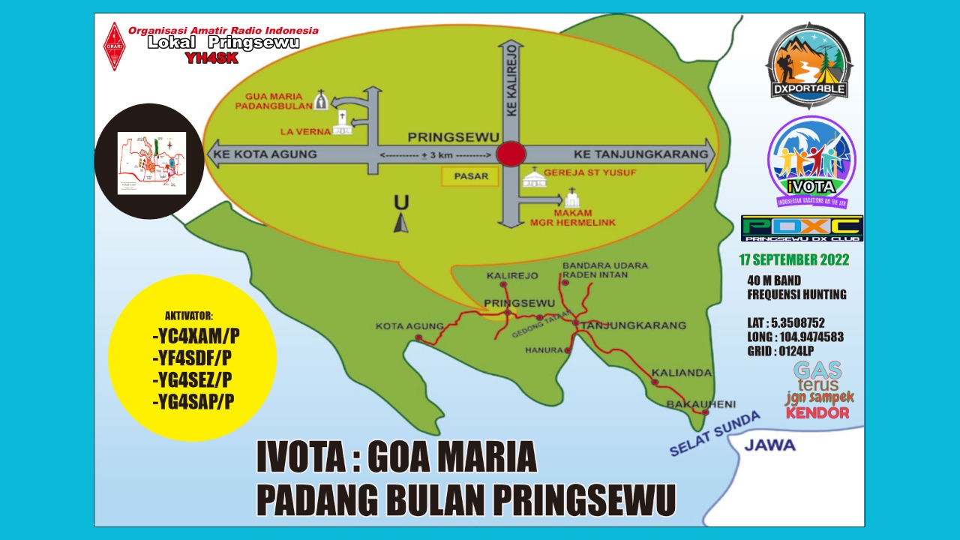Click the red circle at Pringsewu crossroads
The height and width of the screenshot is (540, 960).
pos(511,154)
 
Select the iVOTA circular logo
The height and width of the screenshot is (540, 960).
pos(811,160)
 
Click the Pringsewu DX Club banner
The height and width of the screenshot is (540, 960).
pos(802,229)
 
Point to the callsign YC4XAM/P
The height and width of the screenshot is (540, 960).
pos(200,334)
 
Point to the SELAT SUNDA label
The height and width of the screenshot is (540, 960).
pos(714,433)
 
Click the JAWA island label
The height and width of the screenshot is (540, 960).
pos(769,445)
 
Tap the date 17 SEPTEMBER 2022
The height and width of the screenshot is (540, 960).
pos(794,260)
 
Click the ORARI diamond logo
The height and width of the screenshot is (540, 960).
pos(114,46)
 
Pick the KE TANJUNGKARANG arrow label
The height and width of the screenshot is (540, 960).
pos(640,154)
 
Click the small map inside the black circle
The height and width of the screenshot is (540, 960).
pos(151,163)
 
